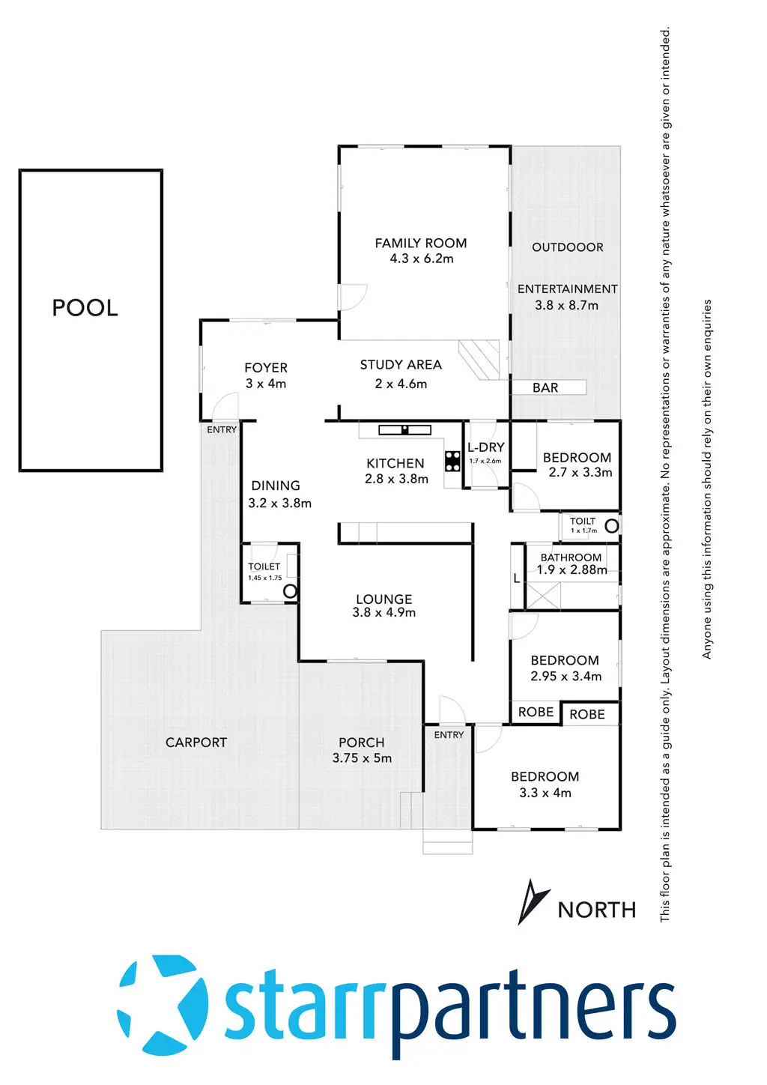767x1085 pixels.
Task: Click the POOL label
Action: click(x=85, y=308)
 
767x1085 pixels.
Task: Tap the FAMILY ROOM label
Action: click(x=420, y=243)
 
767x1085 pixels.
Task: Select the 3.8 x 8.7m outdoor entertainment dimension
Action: click(x=566, y=305)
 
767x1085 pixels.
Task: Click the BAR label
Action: click(x=545, y=387)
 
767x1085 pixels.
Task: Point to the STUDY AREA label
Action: click(x=401, y=365)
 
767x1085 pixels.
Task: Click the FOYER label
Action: click(x=266, y=368)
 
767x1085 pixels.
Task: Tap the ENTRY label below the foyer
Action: click(x=222, y=429)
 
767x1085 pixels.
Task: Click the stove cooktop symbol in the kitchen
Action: click(x=452, y=461)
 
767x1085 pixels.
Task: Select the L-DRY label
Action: click(x=486, y=447)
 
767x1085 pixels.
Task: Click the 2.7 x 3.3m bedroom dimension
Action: click(x=580, y=472)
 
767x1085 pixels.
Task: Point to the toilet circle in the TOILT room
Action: click(x=611, y=526)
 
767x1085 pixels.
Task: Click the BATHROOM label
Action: click(x=571, y=557)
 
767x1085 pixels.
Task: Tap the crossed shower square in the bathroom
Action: click(x=542, y=595)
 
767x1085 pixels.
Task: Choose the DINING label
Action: click(x=276, y=486)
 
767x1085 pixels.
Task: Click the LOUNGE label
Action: click(x=383, y=599)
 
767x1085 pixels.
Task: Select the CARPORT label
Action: click(x=195, y=743)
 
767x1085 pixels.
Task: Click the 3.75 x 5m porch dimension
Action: click(x=362, y=758)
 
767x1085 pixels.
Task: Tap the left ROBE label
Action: click(x=536, y=712)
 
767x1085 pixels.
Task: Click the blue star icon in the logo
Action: click(x=163, y=1004)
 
